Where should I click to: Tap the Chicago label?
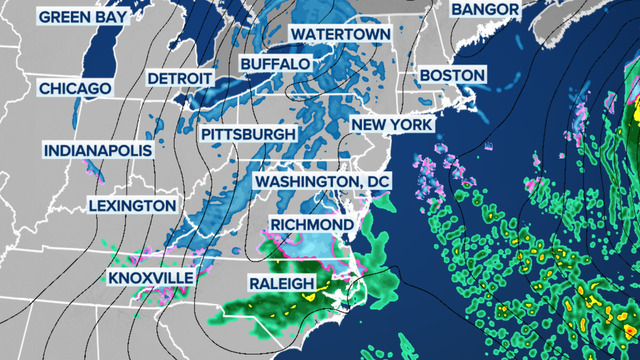(75, 89)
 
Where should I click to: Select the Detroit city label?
(179, 79)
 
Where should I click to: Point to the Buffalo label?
(275, 64)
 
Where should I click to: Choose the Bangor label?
(485, 9)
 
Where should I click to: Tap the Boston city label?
(452, 75)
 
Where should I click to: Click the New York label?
(391, 124)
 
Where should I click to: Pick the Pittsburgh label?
(248, 133)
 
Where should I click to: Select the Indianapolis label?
(97, 151)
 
